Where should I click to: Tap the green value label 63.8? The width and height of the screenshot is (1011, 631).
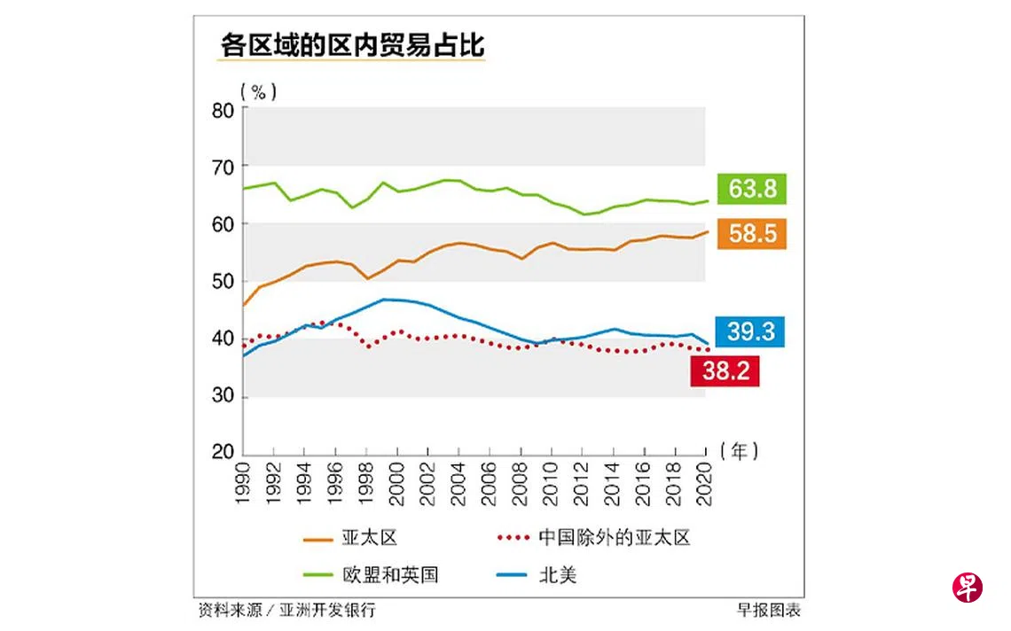coord(752,189)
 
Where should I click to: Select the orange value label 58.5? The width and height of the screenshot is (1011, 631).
coord(752,234)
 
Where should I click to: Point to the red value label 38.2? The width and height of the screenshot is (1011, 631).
coord(725,371)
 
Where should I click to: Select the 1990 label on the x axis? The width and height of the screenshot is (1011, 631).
coord(243,484)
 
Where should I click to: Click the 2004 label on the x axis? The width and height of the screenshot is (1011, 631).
coord(458,484)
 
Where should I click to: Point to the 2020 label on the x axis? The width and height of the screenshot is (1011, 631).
coord(705,484)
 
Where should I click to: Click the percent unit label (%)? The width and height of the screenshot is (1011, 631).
coord(258,90)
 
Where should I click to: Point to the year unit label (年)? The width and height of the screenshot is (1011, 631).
coord(741,451)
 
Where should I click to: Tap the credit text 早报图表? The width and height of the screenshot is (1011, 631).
coord(768,610)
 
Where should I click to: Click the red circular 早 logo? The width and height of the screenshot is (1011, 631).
coord(968,588)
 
